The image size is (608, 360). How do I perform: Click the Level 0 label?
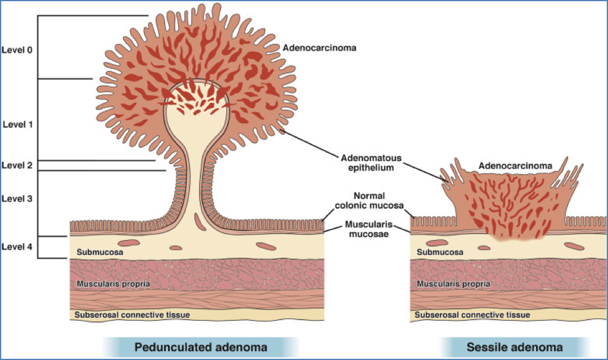tap(17, 50)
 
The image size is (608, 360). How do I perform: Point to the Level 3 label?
tap(17, 198)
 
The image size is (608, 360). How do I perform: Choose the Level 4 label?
tap(17, 245)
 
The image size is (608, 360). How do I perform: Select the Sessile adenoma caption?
tap(515, 346)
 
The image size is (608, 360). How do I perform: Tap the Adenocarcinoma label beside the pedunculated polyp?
tap(319, 48)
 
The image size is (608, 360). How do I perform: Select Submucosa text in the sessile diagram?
tap(439, 252)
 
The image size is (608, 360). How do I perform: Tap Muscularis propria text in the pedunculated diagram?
tap(113, 284)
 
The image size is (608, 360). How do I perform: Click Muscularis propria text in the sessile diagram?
tap(453, 284)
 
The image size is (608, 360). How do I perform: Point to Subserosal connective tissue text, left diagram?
tap(133, 314)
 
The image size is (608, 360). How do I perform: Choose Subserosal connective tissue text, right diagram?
tap(472, 314)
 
